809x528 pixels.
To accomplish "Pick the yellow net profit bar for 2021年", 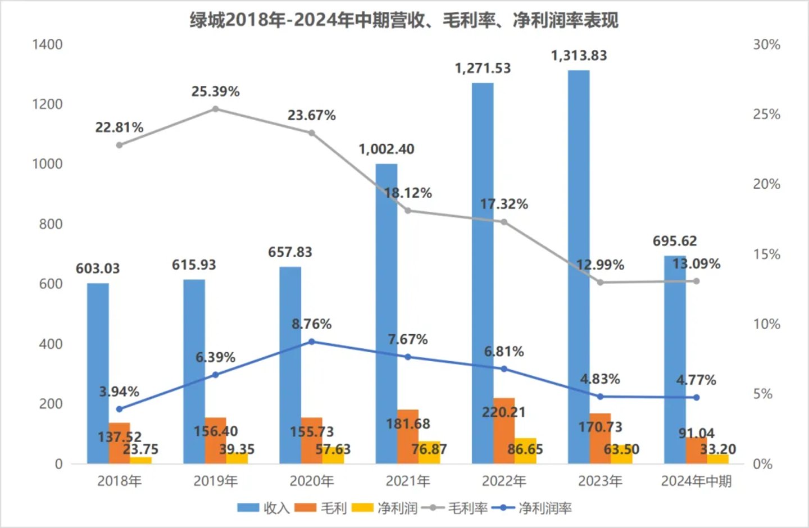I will coord(429,453).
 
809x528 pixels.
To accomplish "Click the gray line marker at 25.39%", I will coord(215,109).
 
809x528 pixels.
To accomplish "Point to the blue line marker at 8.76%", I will coord(312,342).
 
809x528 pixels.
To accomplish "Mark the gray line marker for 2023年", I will coord(600,282).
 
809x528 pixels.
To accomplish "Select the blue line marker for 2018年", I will coord(119,409).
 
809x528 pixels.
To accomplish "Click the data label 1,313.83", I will coord(579,56).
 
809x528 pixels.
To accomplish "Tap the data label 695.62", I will coord(675,241).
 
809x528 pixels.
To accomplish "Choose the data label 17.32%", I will coord(504,204).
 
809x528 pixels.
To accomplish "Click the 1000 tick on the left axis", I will coord(47,164).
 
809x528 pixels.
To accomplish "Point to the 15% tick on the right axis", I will coord(766,254).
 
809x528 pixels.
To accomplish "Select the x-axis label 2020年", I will coord(312,481).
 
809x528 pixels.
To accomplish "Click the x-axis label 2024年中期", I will coord(696,481).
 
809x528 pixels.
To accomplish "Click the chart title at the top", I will coord(404,20).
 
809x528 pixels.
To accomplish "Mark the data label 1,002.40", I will coord(387,149).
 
